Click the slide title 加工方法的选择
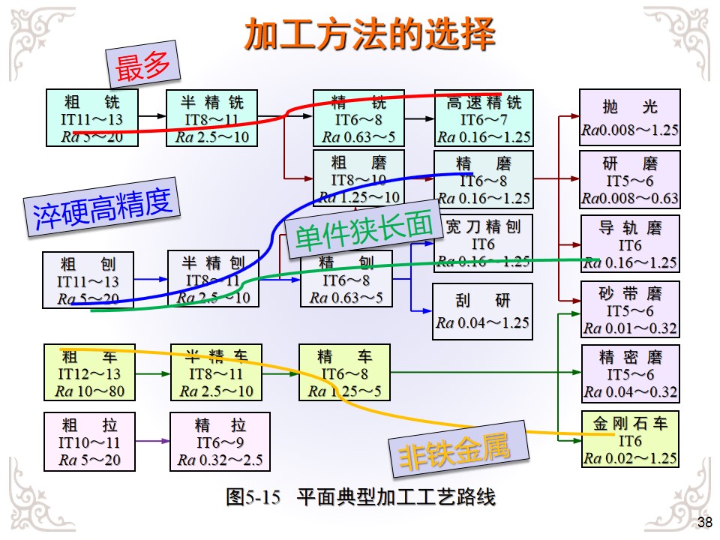[370, 34]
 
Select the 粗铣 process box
[91, 118]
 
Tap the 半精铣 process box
[212, 118]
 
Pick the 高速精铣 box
[484, 118]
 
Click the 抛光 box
[630, 117]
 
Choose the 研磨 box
[630, 180]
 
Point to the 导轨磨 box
[630, 244]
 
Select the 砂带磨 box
[630, 309]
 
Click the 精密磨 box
[630, 373]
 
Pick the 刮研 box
[483, 311]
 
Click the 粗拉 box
[89, 442]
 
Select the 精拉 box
[220, 442]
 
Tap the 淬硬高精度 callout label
[103, 208]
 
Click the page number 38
[705, 523]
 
